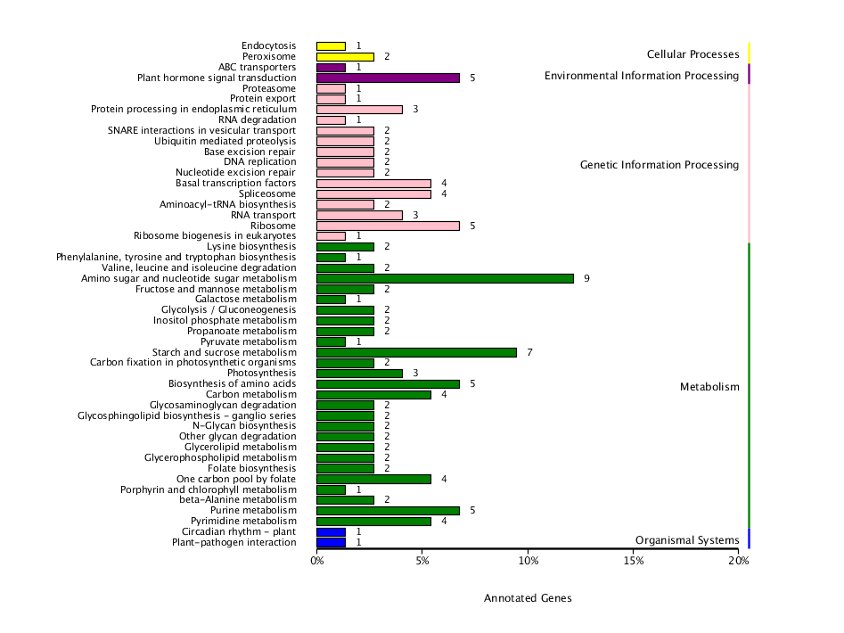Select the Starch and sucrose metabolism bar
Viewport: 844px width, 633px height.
[416, 352]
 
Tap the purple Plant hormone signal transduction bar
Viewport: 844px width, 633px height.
[388, 78]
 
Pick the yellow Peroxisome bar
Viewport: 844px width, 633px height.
[345, 56]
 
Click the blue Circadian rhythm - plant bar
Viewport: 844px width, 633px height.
[331, 531]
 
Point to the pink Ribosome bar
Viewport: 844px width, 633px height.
[388, 226]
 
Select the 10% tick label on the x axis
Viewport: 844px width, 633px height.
[528, 561]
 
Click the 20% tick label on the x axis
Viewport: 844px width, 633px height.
[738, 561]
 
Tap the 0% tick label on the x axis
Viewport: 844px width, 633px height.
[317, 561]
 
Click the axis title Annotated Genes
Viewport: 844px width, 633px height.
[528, 598]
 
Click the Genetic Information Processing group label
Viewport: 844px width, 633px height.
[659, 165]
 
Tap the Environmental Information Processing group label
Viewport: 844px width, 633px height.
[642, 76]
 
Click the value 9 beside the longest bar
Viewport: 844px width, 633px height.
[586, 278]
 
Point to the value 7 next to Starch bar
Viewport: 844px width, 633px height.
[529, 352]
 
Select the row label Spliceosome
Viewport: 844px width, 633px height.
[267, 193]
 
